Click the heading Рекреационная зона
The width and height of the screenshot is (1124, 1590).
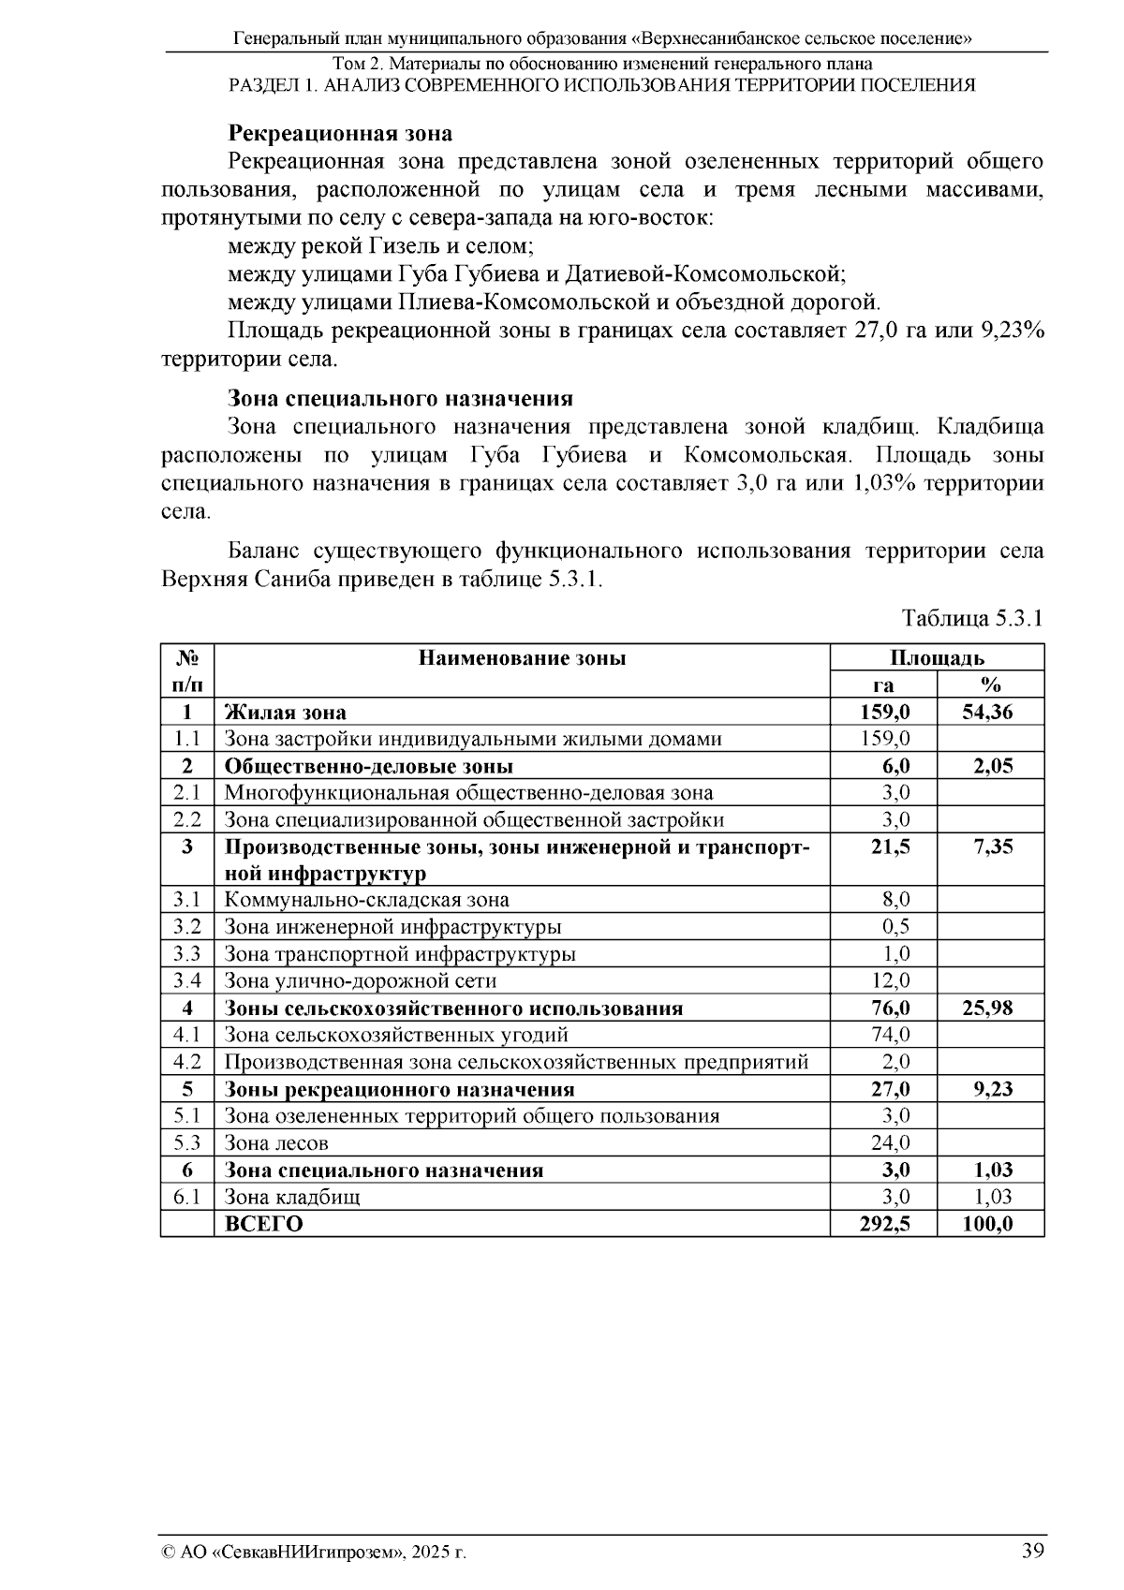pyautogui.click(x=340, y=134)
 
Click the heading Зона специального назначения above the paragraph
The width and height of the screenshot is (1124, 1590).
pyautogui.click(x=400, y=399)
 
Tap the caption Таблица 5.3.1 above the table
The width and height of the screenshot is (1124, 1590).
pyautogui.click(x=971, y=619)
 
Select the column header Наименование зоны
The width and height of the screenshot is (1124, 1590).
pyautogui.click(x=522, y=658)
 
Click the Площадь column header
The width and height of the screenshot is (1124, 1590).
pyautogui.click(x=937, y=658)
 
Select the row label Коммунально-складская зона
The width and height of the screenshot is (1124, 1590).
pyautogui.click(x=367, y=901)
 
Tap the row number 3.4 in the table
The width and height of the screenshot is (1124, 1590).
pyautogui.click(x=187, y=981)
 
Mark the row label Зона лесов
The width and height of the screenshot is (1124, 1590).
pyautogui.click(x=276, y=1143)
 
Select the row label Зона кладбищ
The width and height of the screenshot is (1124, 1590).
pyautogui.click(x=292, y=1198)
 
